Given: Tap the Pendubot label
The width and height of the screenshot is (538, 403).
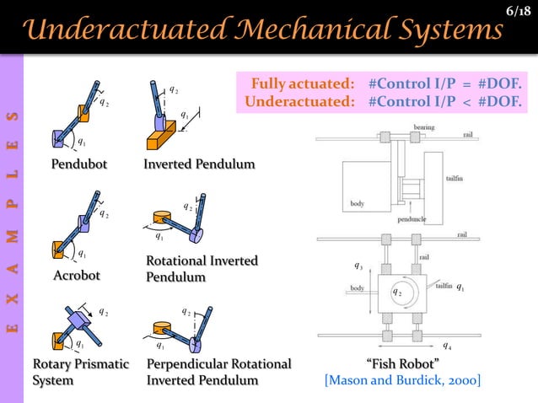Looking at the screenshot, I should pos(79,164).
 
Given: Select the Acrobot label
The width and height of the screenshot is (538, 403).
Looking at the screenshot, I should pos(77,276).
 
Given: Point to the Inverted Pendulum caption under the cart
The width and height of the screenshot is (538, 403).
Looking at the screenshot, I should pos(199,164).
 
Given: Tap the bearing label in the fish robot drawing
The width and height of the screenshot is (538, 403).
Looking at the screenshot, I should pos(424,127).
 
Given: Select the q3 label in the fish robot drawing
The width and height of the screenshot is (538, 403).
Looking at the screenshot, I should pos(358,267).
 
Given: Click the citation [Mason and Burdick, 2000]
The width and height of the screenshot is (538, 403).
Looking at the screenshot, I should pos(402,381).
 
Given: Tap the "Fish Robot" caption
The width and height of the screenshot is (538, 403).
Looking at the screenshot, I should pos(403,364).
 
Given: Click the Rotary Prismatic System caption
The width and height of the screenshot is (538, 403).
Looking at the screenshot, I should pos(80,372).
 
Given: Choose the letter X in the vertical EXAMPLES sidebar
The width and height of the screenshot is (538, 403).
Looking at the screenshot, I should pos(12,298).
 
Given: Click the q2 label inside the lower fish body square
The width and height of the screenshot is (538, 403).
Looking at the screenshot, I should pos(396,292).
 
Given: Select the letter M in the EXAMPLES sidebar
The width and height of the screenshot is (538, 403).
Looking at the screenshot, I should pos(12,237).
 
